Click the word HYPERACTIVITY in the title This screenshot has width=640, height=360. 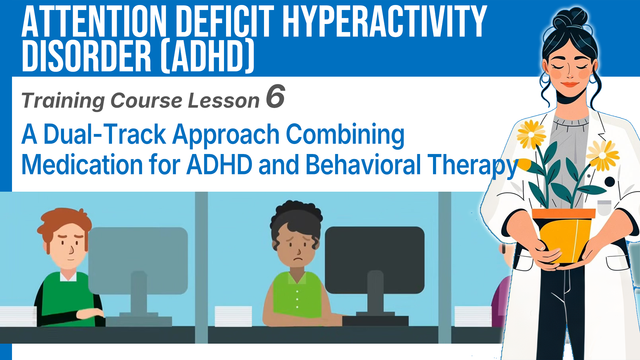pos(385,22)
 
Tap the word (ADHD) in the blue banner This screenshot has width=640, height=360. pos(207,56)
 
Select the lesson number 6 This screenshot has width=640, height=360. pos(275,96)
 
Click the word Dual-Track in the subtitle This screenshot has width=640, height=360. pos(105,134)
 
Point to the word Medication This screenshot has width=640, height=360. pos(82,165)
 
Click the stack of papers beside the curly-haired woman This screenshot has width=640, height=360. pos(233,316)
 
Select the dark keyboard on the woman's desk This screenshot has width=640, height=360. pos(375,321)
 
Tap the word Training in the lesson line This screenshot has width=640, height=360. pos(63,101)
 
